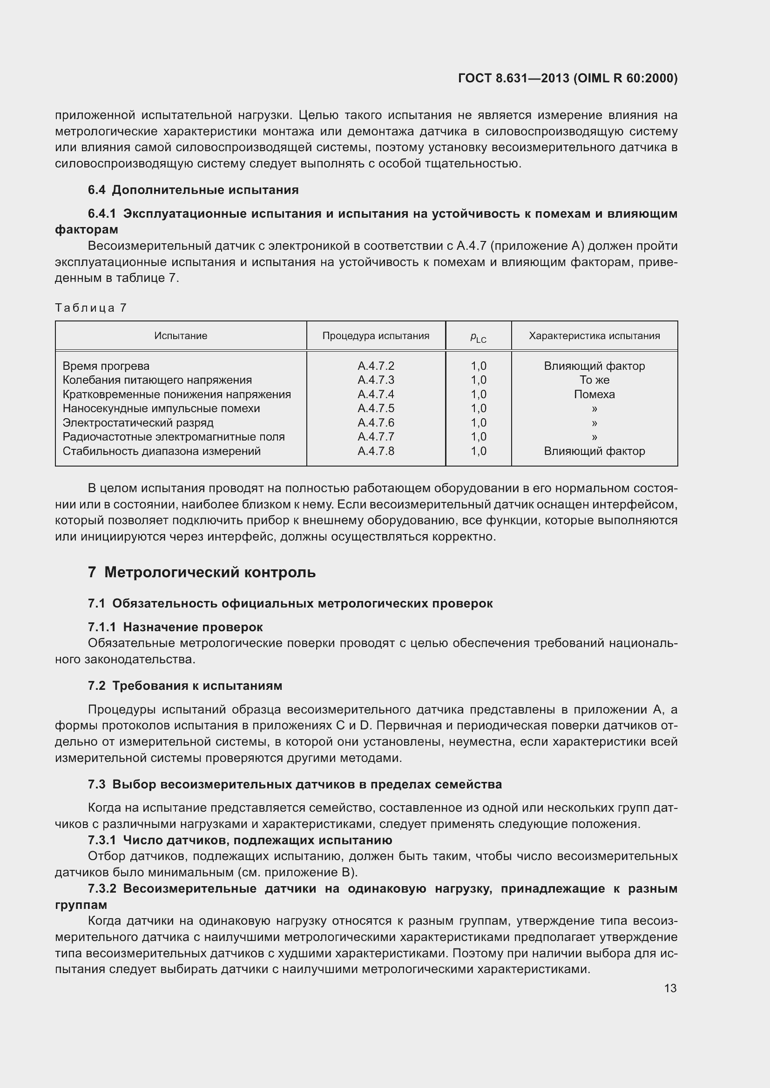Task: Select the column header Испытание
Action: [181, 336]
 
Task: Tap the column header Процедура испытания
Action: [376, 336]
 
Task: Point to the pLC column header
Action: [478, 337]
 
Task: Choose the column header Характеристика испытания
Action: [594, 336]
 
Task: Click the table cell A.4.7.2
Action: [376, 366]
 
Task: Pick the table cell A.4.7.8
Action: [376, 451]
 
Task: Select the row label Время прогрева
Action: [106, 366]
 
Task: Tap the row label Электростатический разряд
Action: [138, 423]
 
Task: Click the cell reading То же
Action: [594, 380]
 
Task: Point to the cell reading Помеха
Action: [594, 394]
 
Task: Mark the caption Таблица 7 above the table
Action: [91, 308]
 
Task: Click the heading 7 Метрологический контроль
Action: [202, 573]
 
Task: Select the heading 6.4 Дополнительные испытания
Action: [193, 190]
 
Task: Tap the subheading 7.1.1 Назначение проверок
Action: [175, 627]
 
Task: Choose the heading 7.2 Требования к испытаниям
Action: [185, 686]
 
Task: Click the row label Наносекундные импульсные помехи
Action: [161, 408]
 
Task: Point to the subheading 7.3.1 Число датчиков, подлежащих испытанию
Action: [240, 840]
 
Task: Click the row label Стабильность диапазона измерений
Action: [162, 451]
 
